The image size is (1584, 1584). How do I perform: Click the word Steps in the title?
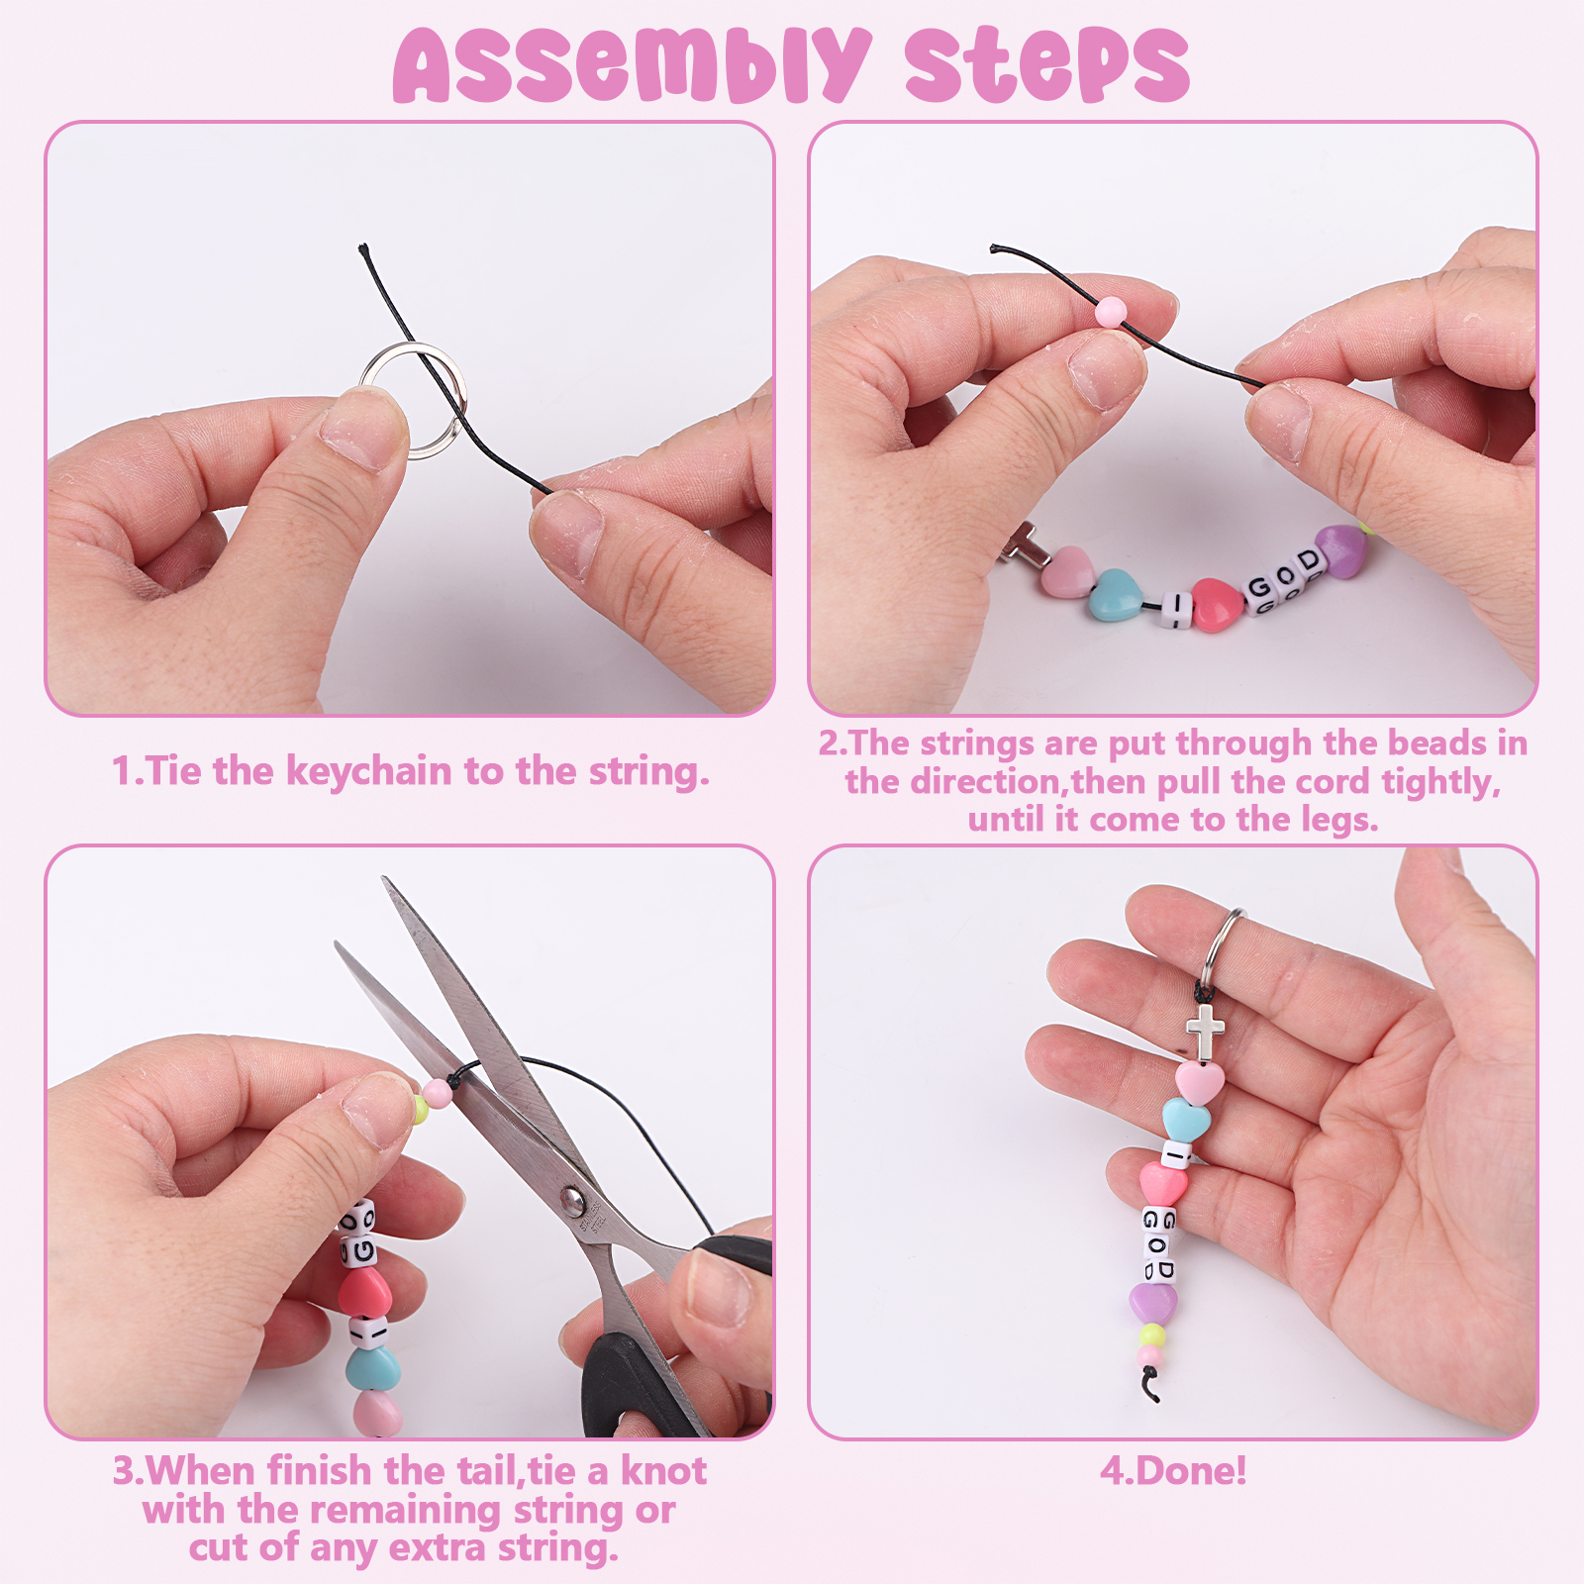1046,65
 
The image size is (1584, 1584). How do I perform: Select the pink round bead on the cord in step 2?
1111,312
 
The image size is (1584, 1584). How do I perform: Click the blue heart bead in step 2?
1116,592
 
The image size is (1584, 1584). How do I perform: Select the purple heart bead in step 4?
1153,1303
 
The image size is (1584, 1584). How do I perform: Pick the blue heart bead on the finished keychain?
1186,1120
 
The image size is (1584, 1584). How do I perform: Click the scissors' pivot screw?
572,1201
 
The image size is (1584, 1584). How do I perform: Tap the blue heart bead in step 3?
373,1368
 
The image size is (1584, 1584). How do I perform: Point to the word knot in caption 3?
663,1471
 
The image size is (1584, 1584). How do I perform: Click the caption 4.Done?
1173,1471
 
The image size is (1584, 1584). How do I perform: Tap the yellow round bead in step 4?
1151,1336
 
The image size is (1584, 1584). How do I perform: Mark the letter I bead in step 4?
1177,1154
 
